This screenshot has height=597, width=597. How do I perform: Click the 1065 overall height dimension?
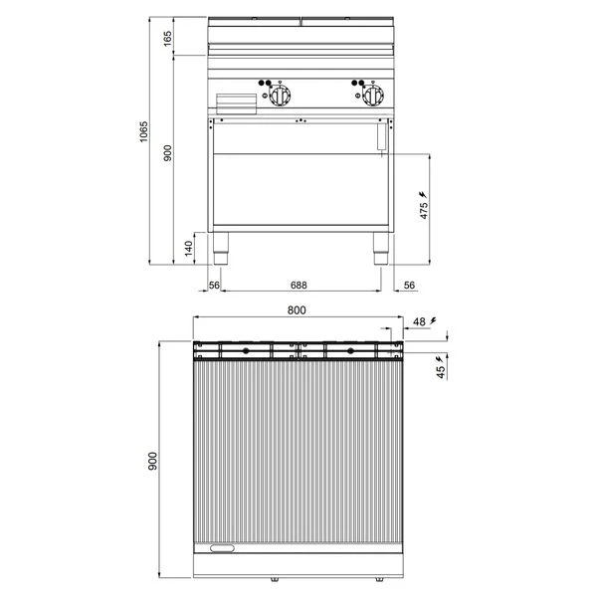click(143, 131)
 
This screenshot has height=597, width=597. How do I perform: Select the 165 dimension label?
click(167, 39)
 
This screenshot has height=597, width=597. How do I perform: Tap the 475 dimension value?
click(424, 211)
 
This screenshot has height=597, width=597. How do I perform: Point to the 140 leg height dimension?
click(189, 248)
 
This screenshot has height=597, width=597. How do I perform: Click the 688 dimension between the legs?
click(298, 285)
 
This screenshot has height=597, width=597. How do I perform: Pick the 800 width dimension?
click(297, 310)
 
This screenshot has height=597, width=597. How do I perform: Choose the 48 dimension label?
click(419, 321)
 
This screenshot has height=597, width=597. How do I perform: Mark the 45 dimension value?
click(441, 371)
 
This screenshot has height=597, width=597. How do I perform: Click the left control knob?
click(280, 95)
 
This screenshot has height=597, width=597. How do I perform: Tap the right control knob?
click(373, 95)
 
